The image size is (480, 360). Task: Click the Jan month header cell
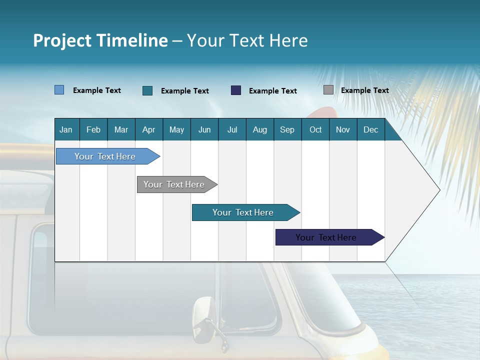click(x=66, y=129)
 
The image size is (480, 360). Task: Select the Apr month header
click(x=149, y=129)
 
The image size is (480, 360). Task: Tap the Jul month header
click(x=232, y=129)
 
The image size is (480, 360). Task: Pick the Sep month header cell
click(x=287, y=129)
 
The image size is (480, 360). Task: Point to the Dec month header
click(x=370, y=129)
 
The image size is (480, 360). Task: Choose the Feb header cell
click(x=93, y=129)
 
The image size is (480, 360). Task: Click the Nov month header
click(x=342, y=129)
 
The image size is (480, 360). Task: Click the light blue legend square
click(x=59, y=90)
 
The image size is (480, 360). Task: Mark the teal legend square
click(x=147, y=90)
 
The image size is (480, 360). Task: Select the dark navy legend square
click(x=236, y=90)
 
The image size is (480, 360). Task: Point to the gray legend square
click(x=328, y=90)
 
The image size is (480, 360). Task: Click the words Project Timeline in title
click(x=100, y=40)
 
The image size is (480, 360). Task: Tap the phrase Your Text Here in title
click(x=247, y=40)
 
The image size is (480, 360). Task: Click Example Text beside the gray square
click(x=364, y=90)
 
